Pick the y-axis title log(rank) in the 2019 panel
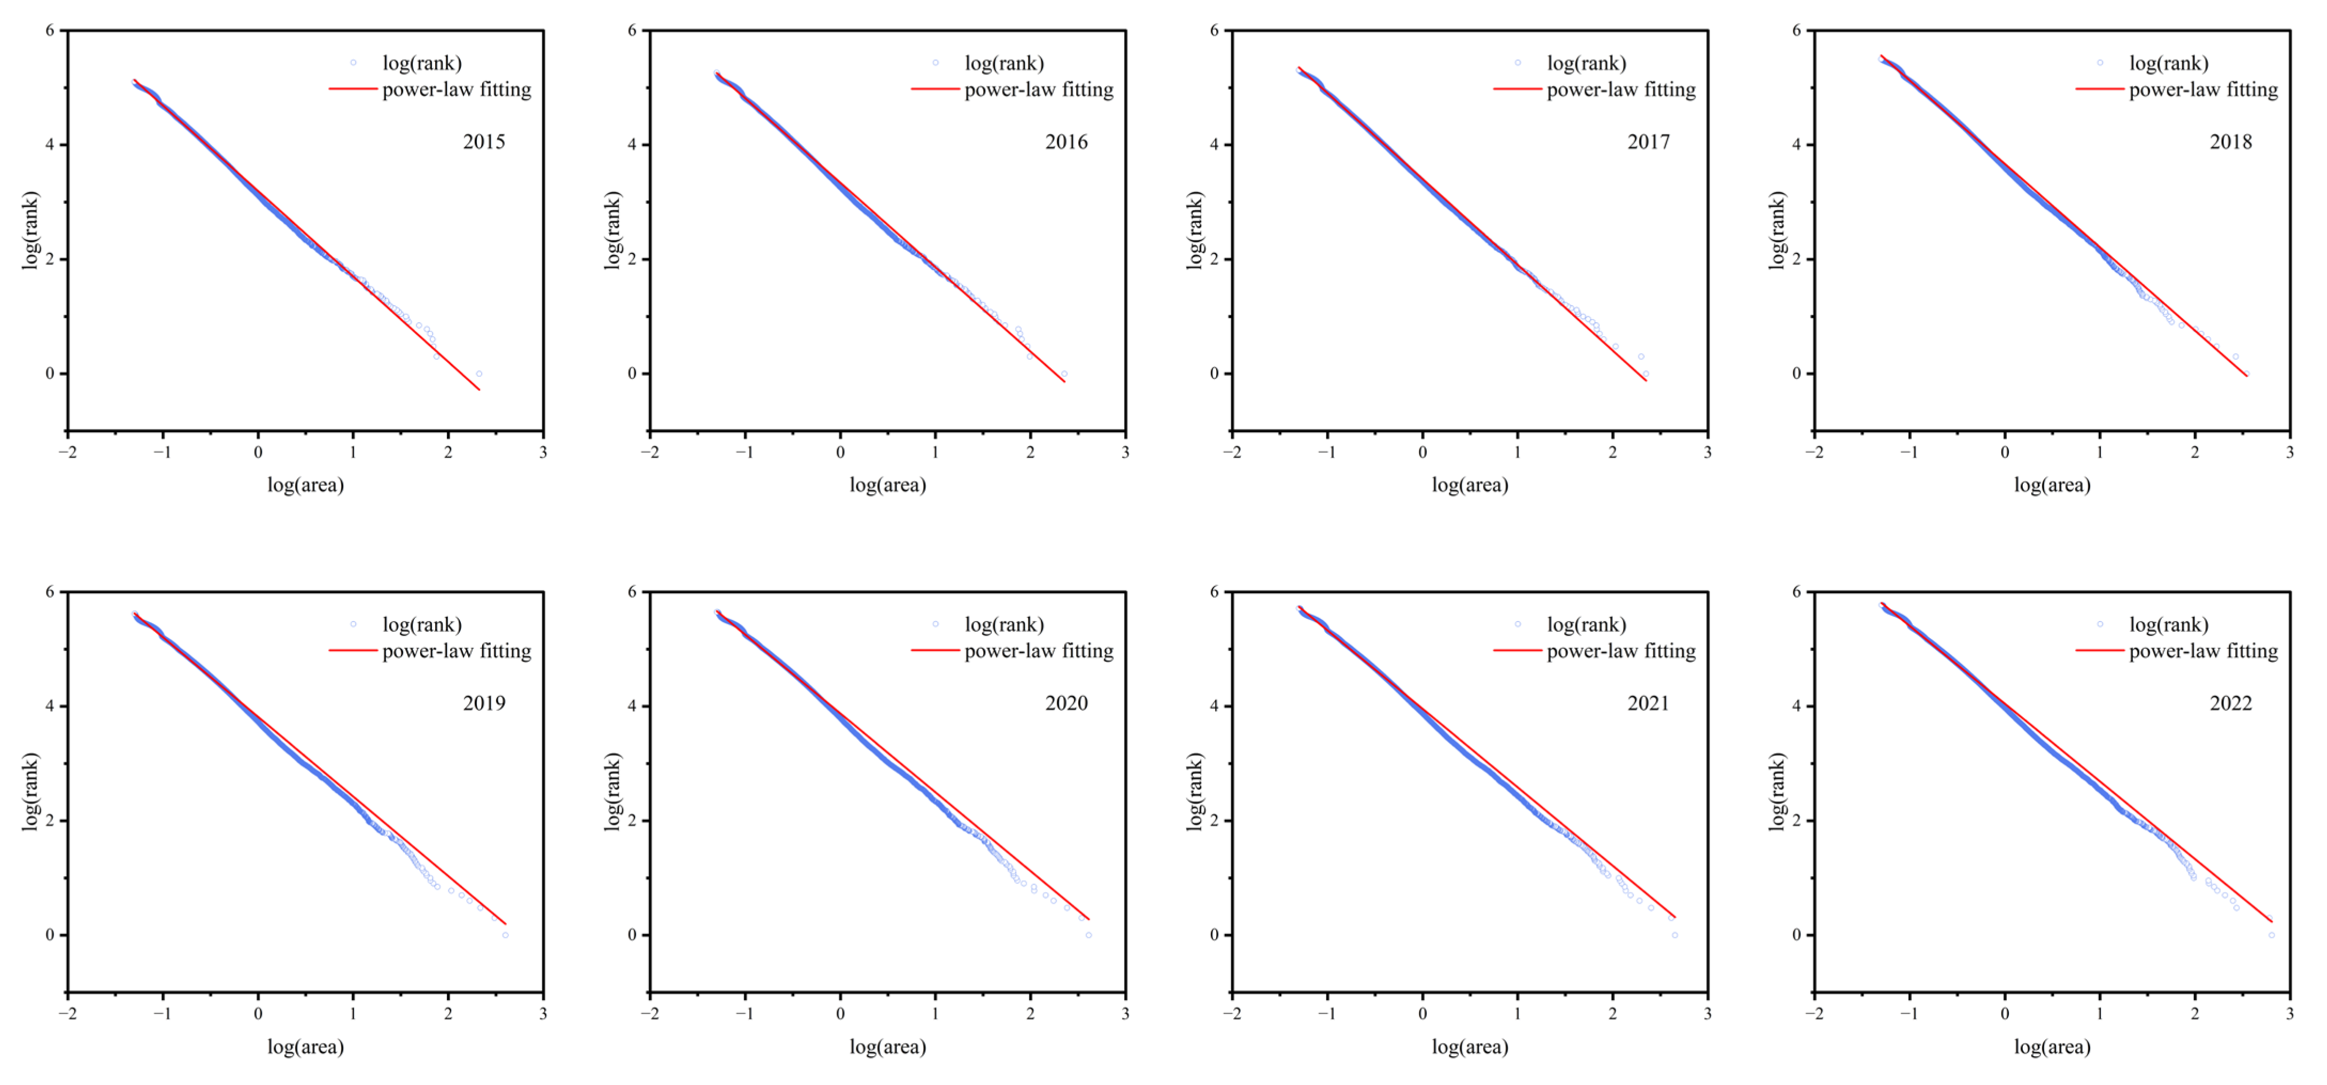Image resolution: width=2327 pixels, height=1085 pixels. click(30, 792)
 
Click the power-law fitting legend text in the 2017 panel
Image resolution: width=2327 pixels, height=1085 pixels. click(1621, 89)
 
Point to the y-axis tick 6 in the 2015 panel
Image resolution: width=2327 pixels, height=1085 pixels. click(51, 30)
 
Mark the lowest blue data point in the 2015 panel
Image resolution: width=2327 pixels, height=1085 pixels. click(479, 373)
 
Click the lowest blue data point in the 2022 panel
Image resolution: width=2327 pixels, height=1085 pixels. click(2271, 935)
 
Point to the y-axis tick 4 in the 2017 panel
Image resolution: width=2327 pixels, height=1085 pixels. click(1215, 144)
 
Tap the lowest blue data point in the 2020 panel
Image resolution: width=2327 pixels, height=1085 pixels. click(1088, 935)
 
